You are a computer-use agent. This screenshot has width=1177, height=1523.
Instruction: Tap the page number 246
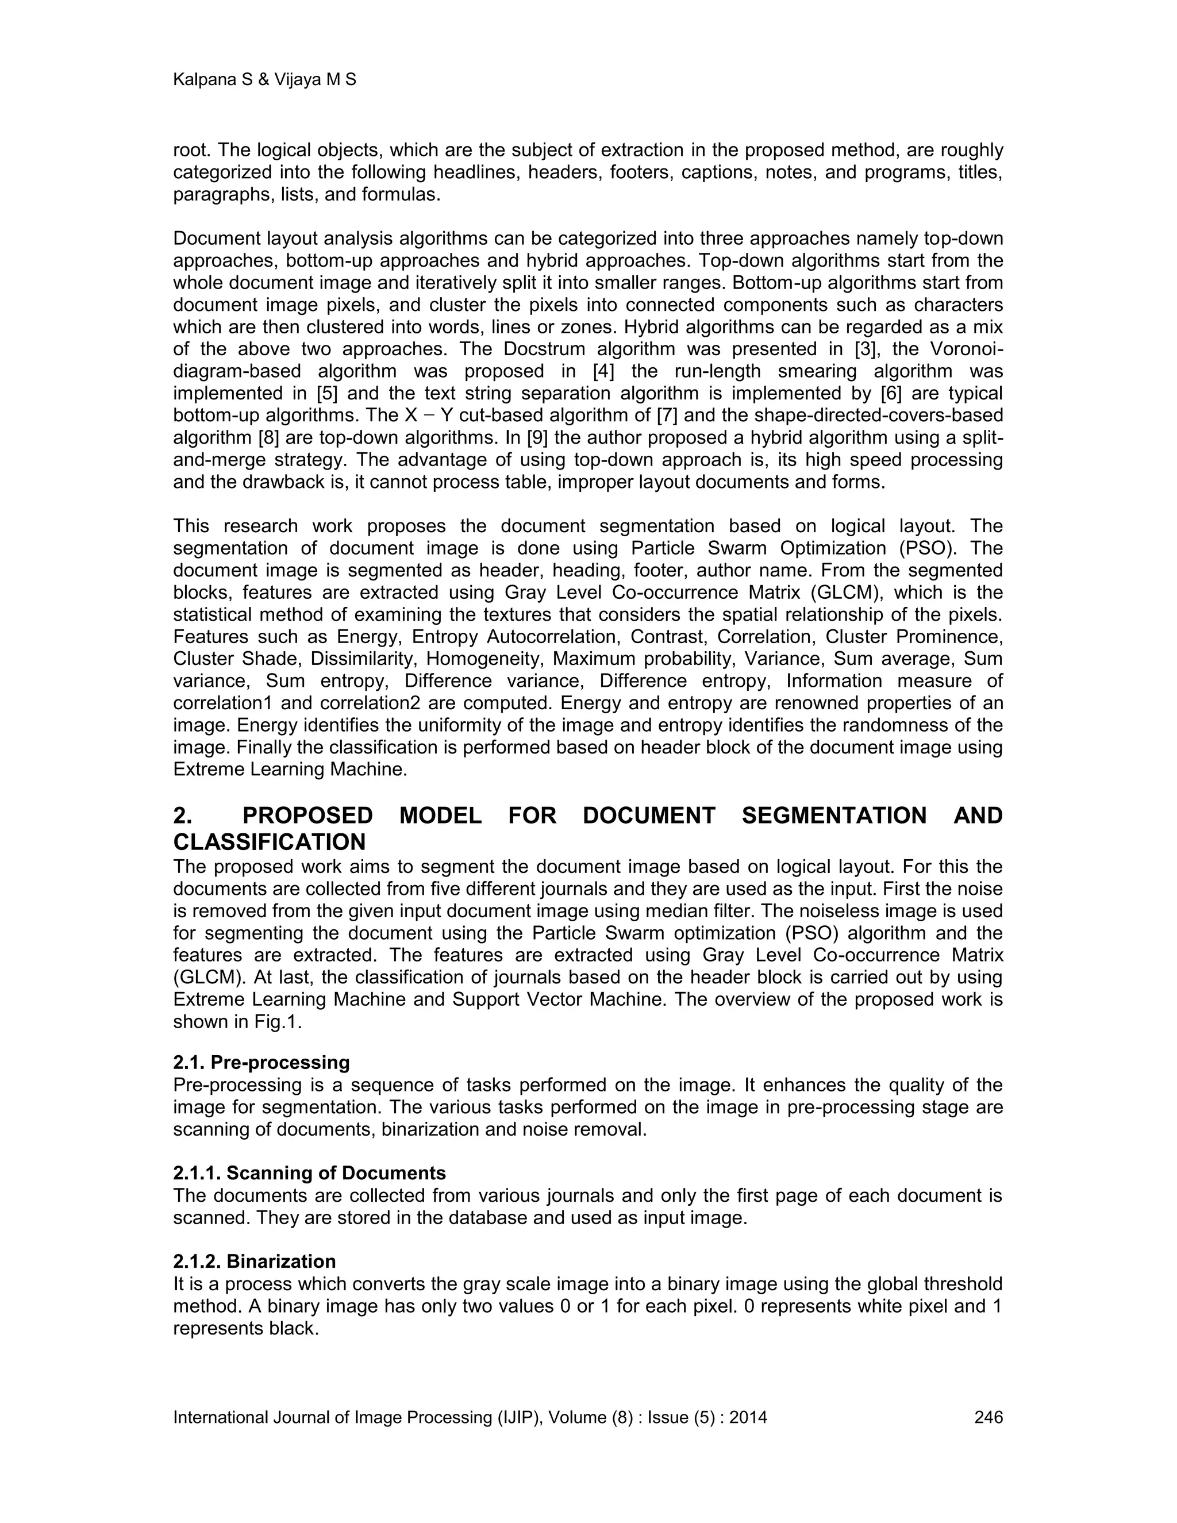(988, 1418)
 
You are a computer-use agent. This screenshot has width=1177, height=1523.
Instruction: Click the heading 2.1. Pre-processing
(261, 1063)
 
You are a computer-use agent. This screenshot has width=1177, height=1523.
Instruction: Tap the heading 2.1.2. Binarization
(255, 1262)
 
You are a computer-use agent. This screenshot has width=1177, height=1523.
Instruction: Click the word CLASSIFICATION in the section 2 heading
(269, 843)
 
